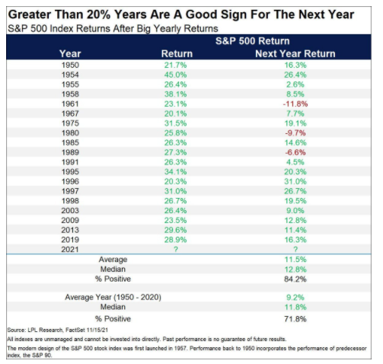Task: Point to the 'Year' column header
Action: tap(70, 54)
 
